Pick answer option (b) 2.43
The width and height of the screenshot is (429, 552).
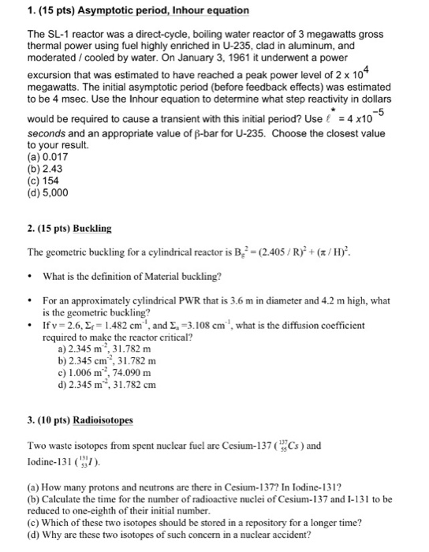(x=46, y=170)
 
